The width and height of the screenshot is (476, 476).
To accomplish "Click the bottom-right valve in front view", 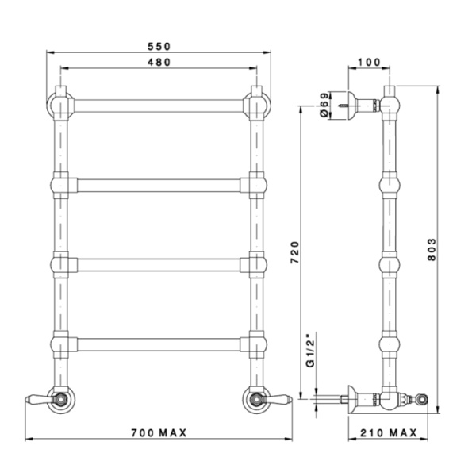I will [x=257, y=398].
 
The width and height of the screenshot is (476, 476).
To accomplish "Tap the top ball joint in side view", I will [x=389, y=104].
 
